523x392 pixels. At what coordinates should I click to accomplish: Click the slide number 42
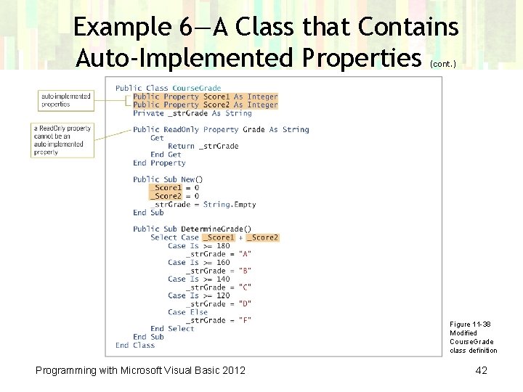(x=480, y=371)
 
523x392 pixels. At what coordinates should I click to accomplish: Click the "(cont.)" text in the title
(x=443, y=64)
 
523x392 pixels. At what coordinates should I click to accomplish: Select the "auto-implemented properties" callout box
(x=66, y=100)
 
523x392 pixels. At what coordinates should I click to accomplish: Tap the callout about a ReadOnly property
(x=63, y=140)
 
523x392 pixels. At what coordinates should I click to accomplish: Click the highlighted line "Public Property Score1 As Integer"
(x=206, y=97)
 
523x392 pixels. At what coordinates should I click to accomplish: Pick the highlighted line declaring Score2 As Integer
(x=206, y=105)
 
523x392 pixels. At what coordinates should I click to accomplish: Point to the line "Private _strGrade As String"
(x=192, y=113)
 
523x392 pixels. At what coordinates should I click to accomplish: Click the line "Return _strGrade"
(x=203, y=146)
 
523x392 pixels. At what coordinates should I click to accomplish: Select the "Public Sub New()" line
(x=168, y=179)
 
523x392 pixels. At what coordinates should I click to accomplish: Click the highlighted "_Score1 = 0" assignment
(x=174, y=188)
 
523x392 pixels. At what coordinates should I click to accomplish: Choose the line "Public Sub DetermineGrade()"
(x=192, y=229)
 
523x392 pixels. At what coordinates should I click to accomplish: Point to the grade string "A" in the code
(x=245, y=254)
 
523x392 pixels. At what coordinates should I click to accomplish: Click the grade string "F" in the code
(x=245, y=320)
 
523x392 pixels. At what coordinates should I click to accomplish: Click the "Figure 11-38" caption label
(x=470, y=324)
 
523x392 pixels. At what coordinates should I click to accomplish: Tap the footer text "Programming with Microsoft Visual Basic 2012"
(x=141, y=371)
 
